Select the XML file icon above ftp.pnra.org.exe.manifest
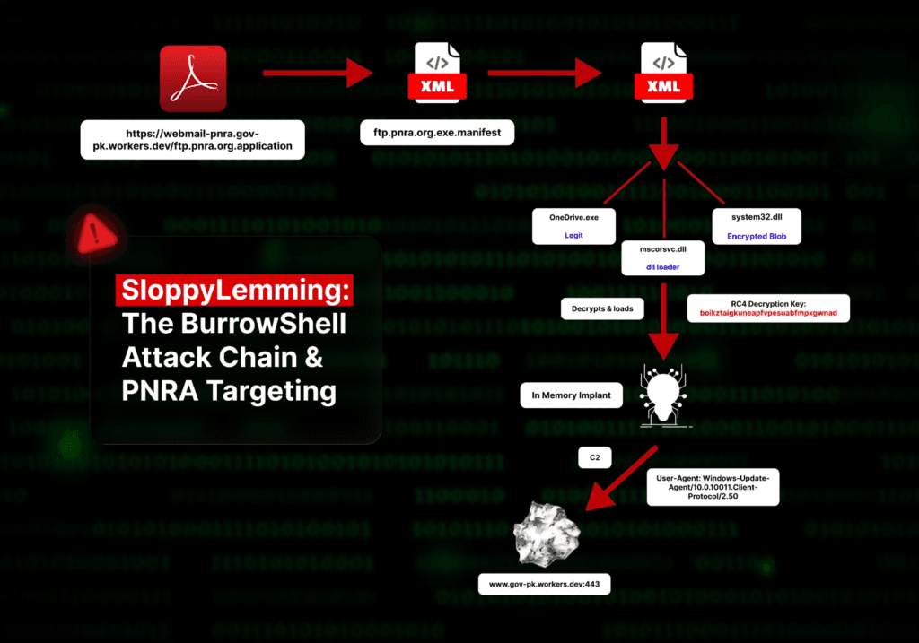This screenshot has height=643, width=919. pos(437,72)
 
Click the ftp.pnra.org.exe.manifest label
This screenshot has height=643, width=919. pos(437,135)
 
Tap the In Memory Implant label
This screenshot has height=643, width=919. pos(572,395)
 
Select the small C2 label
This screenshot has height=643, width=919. pos(594,458)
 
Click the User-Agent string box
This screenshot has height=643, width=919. pos(713,491)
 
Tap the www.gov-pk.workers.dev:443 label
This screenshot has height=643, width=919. pos(544,585)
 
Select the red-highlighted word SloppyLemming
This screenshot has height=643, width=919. pos(235,291)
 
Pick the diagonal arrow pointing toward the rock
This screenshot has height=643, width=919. pos(619,480)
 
